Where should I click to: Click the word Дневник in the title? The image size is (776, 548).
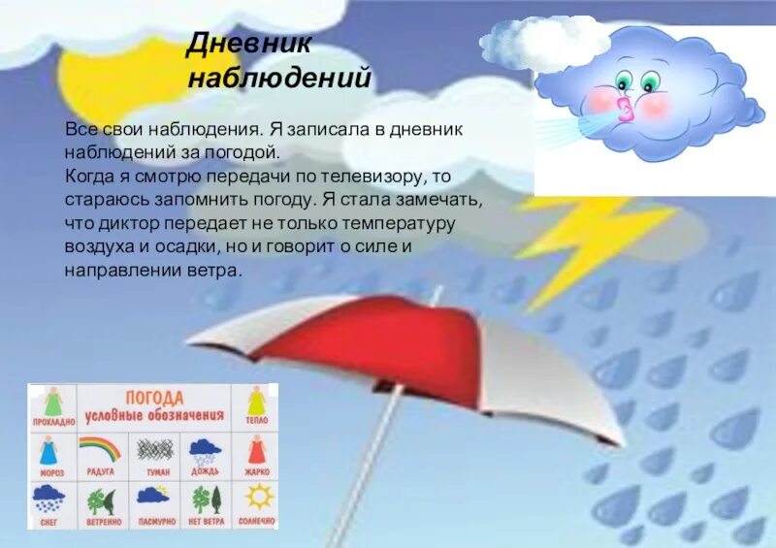point(238,44)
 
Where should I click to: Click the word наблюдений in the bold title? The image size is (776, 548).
point(278,78)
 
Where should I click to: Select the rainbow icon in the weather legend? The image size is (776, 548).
point(100,448)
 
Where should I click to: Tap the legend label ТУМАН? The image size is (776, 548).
point(155,472)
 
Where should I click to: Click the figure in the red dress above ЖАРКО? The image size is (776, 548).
point(257,450)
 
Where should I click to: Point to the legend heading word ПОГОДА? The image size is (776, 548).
point(154,398)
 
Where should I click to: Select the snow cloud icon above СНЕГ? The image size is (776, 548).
point(48,500)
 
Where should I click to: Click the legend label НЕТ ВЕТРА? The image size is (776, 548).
point(208,521)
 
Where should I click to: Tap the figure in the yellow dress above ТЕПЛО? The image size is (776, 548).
point(256,402)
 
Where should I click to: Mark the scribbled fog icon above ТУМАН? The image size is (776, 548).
point(154,449)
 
